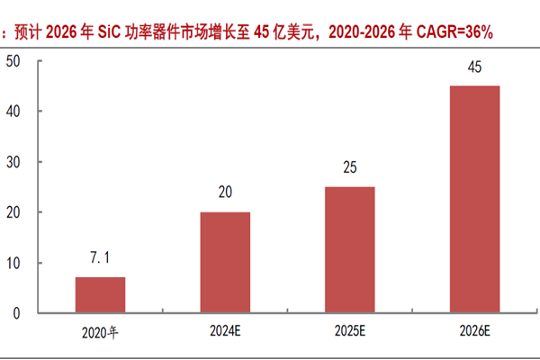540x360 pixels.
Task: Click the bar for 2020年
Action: [100, 295]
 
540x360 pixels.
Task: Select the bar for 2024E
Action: [224, 263]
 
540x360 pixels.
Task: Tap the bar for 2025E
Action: [349, 250]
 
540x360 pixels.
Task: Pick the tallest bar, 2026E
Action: [473, 199]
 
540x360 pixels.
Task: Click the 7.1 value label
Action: [100, 259]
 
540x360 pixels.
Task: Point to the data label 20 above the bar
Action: [224, 193]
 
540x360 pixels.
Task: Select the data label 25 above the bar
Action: [349, 168]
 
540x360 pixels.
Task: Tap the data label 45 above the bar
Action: [473, 67]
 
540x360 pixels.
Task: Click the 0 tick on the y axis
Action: [16, 313]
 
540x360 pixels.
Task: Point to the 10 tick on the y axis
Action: [13, 263]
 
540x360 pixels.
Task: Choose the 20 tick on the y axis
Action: [13, 212]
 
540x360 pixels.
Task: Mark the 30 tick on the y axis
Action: [13, 162]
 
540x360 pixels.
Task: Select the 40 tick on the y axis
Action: [13, 112]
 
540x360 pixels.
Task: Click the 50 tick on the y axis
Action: [13, 61]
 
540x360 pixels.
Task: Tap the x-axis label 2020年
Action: [100, 333]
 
